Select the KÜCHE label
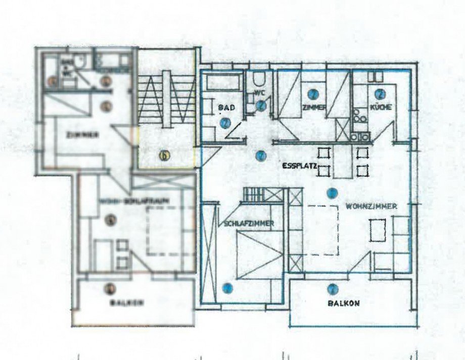coord(382,108)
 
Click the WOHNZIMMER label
coord(370,206)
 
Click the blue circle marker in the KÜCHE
coord(380,93)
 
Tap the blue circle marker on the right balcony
coord(332,289)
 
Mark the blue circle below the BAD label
coord(225,122)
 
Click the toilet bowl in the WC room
coord(259,80)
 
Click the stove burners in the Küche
coord(362,120)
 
